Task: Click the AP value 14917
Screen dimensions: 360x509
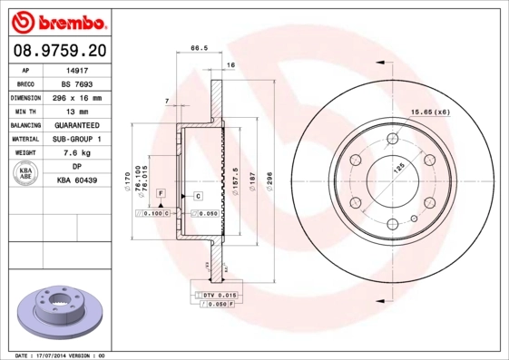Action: (78, 68)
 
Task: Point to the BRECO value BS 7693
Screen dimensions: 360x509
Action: (78, 83)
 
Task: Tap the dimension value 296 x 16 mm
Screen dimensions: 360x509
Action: (78, 96)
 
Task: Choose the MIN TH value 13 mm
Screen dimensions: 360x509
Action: (78, 111)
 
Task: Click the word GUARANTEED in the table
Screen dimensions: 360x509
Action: (78, 125)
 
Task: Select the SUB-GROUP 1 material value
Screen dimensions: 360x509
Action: (78, 140)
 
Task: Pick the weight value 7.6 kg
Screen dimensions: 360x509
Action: (78, 153)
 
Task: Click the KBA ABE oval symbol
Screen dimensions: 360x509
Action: (24, 175)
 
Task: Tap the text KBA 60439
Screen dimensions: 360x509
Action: (78, 182)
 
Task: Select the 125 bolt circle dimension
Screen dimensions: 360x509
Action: (397, 167)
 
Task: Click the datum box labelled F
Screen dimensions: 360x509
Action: (160, 194)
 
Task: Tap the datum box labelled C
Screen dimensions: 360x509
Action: (197, 195)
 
